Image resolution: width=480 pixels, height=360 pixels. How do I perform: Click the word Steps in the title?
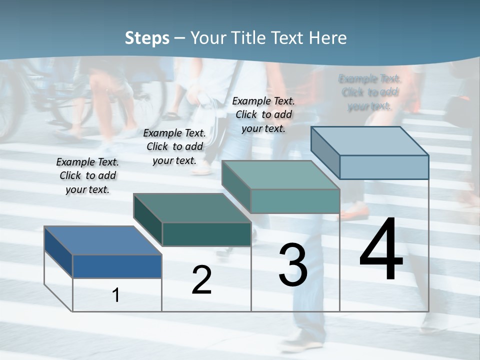147,38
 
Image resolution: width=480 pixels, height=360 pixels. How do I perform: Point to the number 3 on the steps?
293,264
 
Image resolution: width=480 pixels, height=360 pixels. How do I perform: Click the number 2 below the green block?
201,279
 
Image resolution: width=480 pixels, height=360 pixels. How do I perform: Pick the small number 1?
116,295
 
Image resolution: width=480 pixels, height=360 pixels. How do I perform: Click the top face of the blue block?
102,240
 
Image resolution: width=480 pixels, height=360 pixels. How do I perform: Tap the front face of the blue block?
117,266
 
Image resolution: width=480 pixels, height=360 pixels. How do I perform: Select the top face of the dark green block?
192,208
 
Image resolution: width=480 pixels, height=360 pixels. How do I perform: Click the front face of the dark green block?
206,234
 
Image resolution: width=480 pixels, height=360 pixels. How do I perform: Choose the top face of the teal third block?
280,175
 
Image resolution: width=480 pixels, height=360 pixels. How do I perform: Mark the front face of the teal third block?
295,201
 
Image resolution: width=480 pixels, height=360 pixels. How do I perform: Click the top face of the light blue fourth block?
369,141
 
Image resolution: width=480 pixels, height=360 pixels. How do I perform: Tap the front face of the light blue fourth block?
384,167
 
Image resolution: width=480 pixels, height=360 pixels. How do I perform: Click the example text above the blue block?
87,175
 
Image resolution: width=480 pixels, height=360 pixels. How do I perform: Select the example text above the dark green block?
174,146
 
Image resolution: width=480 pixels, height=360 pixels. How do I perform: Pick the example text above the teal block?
263,114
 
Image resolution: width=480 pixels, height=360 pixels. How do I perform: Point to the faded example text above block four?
369,92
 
